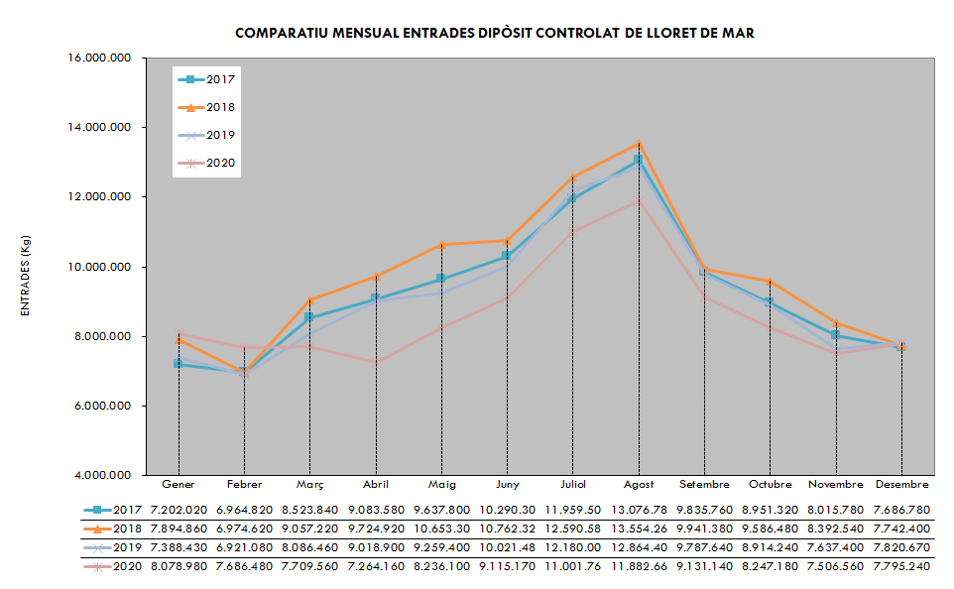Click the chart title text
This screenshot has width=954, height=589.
coord(494,34)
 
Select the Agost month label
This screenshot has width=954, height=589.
coord(639,485)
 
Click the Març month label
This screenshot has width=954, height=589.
coord(310,485)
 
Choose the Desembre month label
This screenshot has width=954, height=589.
coord(901,485)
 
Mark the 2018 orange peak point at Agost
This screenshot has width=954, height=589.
coord(639,144)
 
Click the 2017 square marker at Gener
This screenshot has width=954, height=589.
coord(179,364)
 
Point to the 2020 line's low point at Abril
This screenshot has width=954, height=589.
coord(376,362)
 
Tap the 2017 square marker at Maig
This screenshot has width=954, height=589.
coord(441,280)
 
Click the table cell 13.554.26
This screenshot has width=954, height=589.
coord(639,528)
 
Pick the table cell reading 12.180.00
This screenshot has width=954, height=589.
coord(573,546)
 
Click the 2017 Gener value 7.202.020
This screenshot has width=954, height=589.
coord(179,509)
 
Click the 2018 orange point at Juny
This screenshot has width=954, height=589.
coord(507,241)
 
